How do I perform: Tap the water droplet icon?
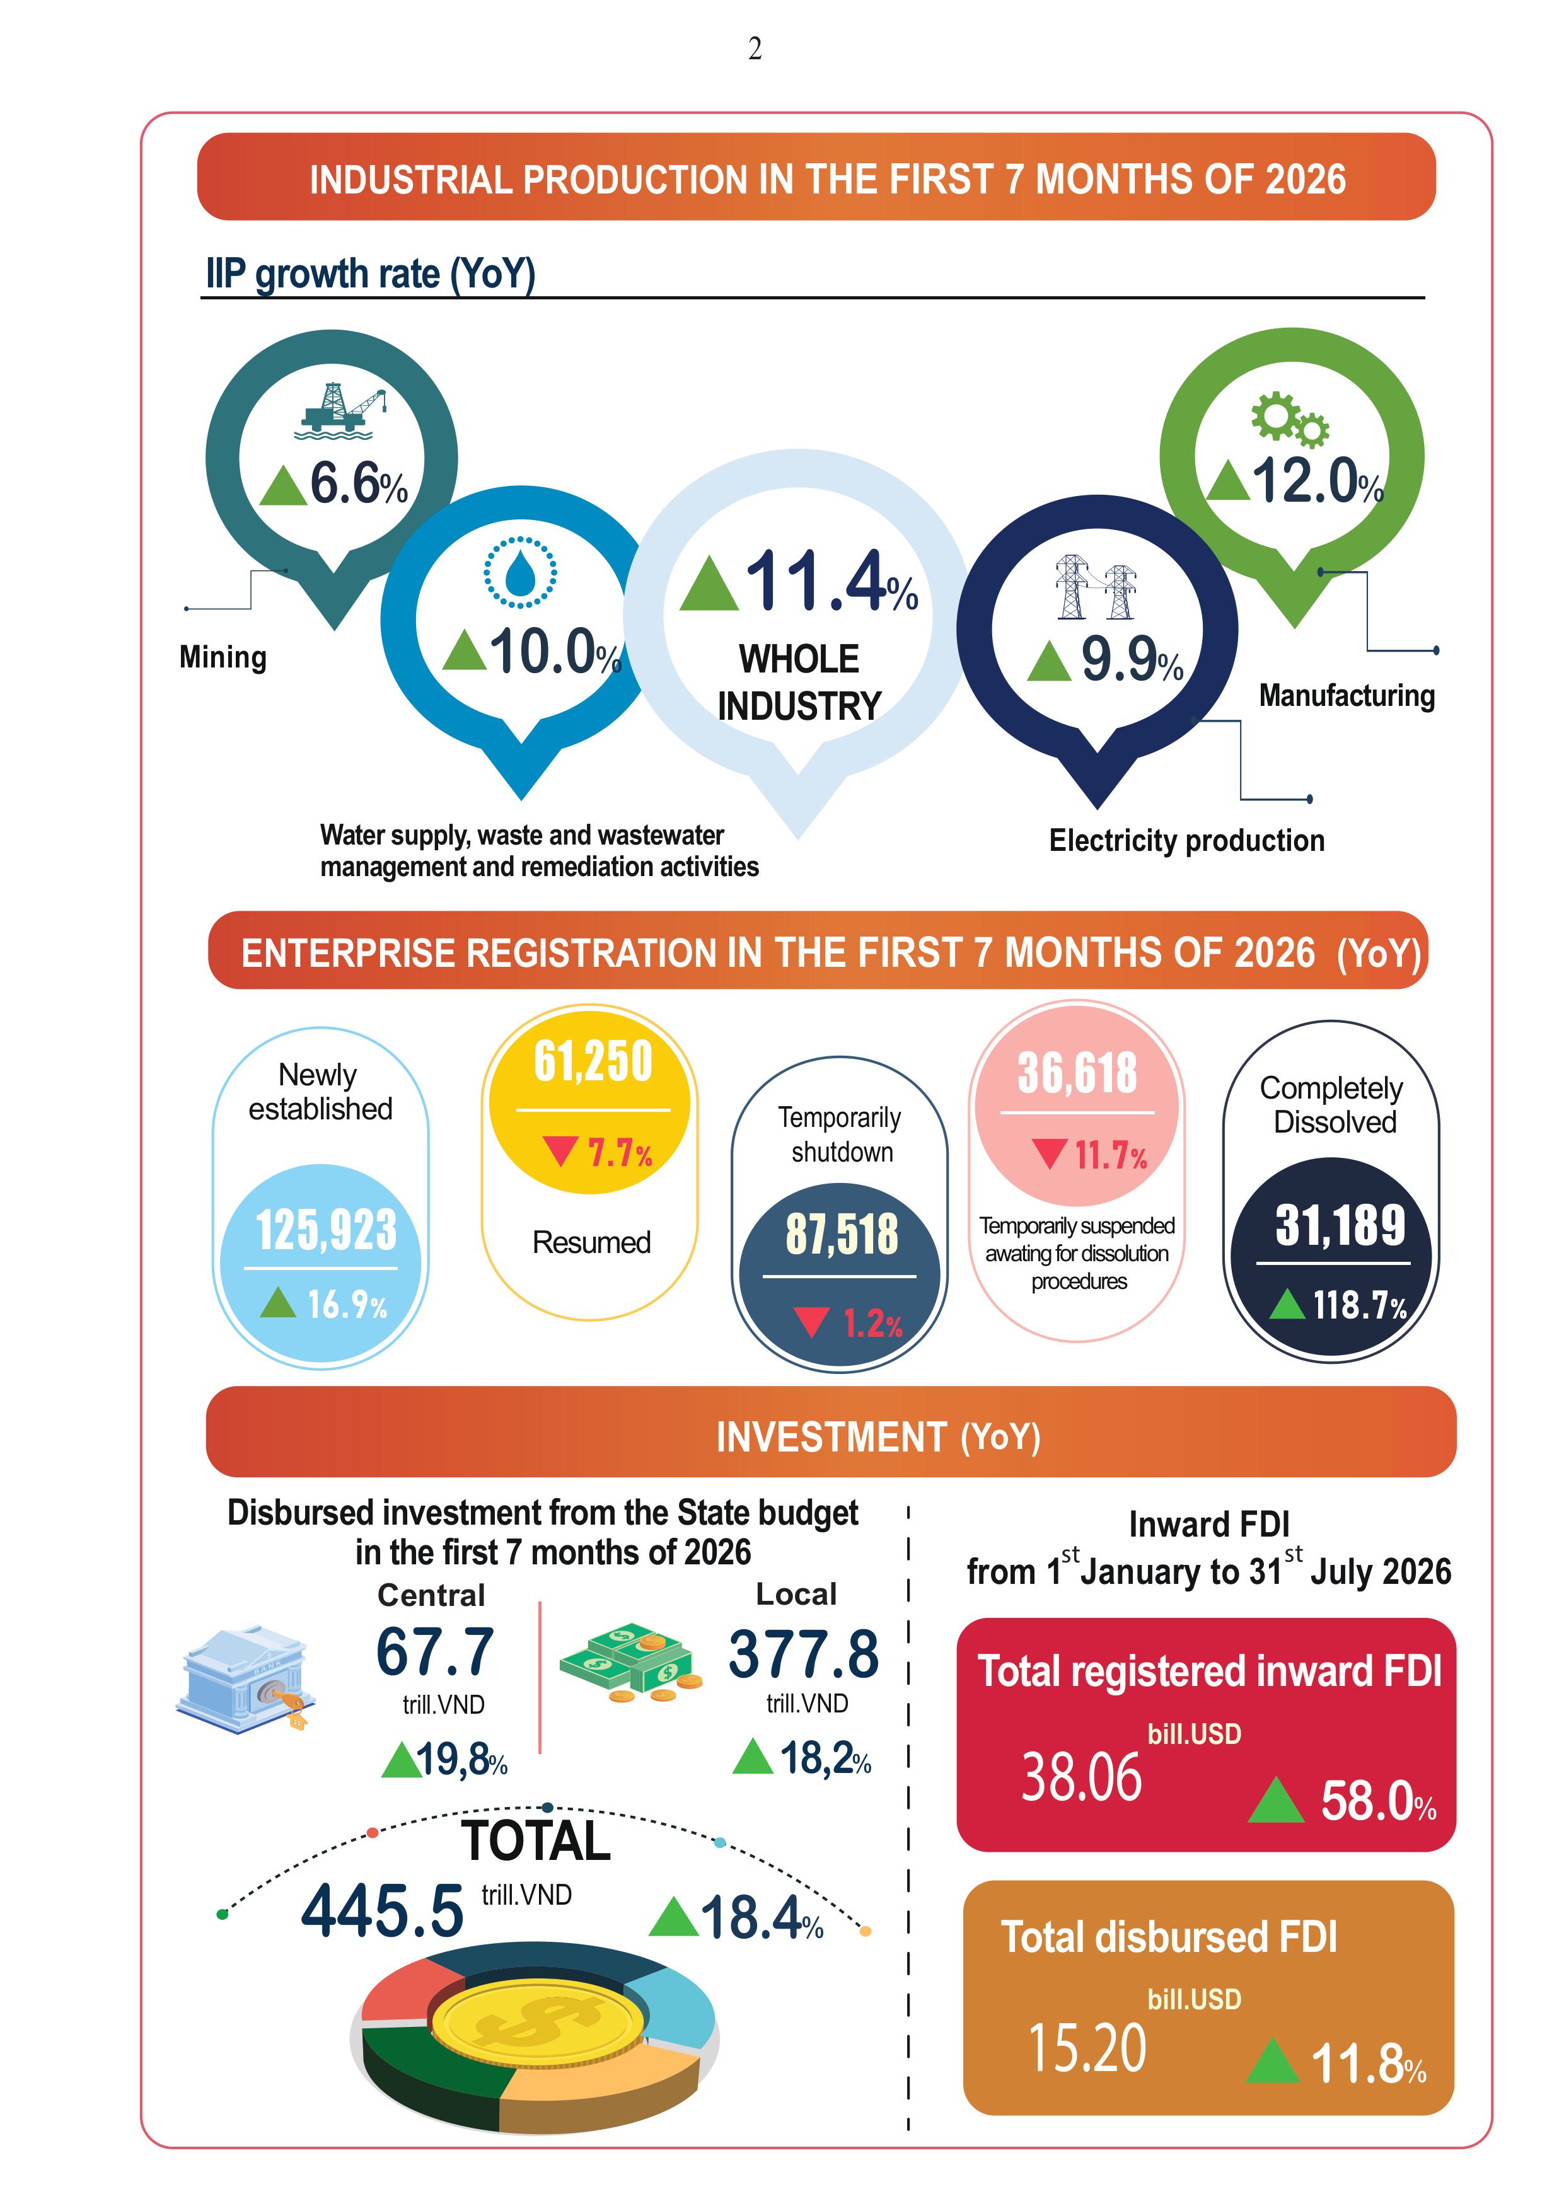pos(520,572)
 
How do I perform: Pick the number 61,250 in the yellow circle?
pos(593,1061)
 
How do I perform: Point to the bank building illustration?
pos(246,1680)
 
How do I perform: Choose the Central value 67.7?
pos(436,1653)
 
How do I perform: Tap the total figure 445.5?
pos(383,1912)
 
